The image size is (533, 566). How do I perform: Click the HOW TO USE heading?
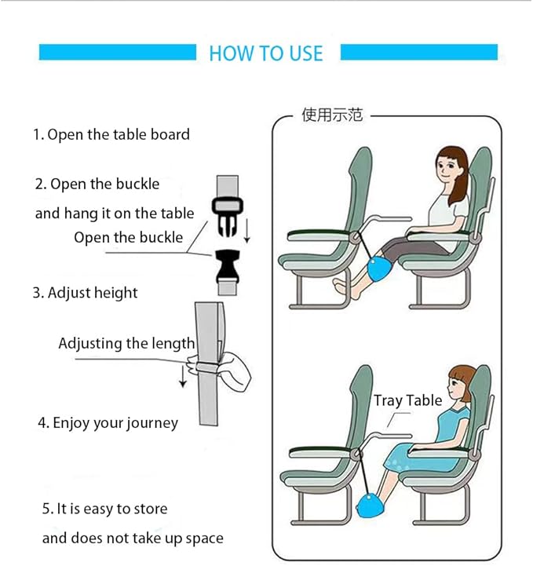tap(266, 53)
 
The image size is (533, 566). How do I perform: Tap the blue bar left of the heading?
tap(117, 52)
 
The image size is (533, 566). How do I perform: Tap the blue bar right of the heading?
tap(419, 52)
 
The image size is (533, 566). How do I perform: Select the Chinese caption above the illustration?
tap(332, 115)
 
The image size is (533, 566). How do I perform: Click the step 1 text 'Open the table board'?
tap(111, 134)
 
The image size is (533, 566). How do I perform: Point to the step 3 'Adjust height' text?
tap(85, 293)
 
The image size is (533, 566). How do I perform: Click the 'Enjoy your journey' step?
tap(108, 423)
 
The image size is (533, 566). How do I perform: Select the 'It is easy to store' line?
tap(104, 509)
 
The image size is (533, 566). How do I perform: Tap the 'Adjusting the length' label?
tap(126, 343)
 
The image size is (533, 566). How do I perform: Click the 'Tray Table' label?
tap(407, 400)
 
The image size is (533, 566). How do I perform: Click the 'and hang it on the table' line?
tap(114, 214)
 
